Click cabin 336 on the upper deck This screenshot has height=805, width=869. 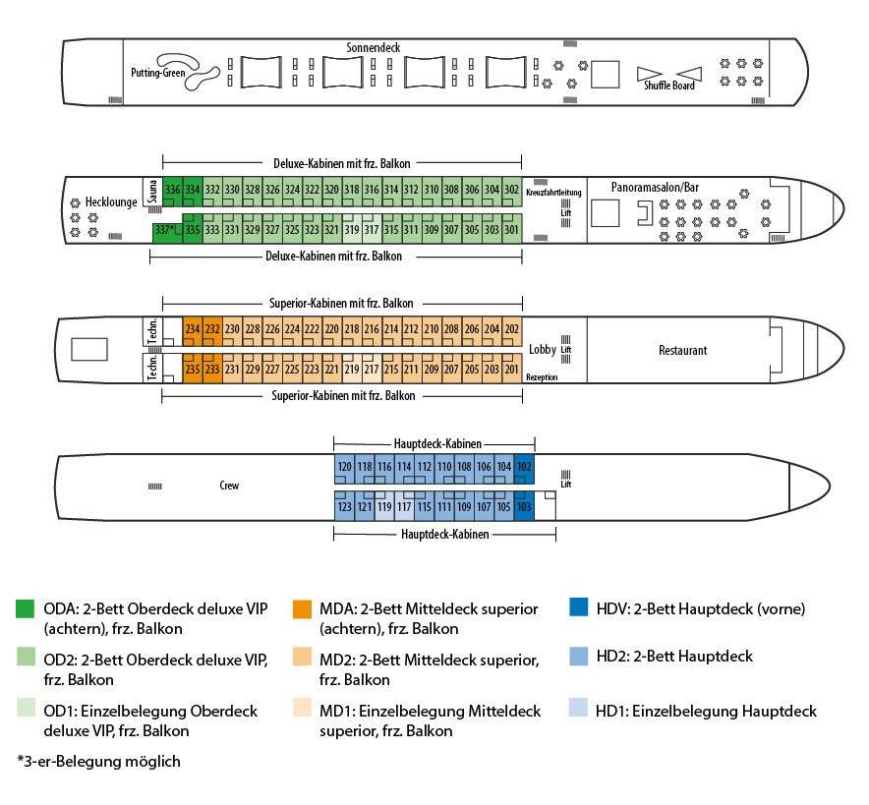tap(172, 192)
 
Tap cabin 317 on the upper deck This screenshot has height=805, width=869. tap(372, 228)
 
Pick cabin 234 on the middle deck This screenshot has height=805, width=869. tap(193, 331)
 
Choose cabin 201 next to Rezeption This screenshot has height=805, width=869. tap(511, 368)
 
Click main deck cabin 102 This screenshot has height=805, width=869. tap(524, 469)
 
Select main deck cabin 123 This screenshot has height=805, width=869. tap(344, 505)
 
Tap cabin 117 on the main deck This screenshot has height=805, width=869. tap(404, 505)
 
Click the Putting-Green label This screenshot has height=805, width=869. tap(158, 73)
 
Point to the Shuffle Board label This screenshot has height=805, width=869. tap(668, 86)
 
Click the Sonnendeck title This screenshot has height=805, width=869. tap(373, 47)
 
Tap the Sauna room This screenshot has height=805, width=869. tap(153, 192)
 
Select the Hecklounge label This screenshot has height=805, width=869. tap(111, 202)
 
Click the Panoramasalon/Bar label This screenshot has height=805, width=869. tap(655, 188)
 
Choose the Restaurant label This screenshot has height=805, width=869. tap(683, 350)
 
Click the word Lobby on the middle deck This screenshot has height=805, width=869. tap(542, 349)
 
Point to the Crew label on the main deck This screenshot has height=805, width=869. tap(229, 486)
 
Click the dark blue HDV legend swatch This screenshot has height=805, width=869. tap(579, 607)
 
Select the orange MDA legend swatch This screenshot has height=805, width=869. tap(302, 608)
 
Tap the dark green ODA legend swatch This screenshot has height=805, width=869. tap(26, 608)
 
